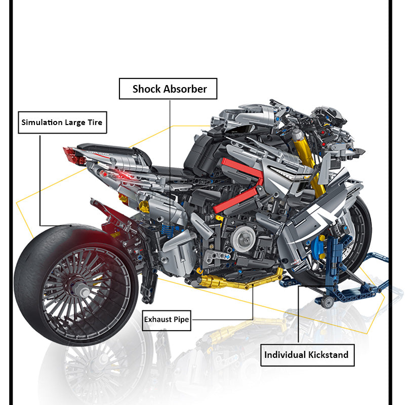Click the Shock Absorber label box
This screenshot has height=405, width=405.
pyautogui.click(x=169, y=89)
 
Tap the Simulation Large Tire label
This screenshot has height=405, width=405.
pyautogui.click(x=62, y=123)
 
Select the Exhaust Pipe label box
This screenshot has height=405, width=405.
pyautogui.click(x=166, y=319)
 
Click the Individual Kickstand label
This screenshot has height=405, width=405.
pyautogui.click(x=307, y=354)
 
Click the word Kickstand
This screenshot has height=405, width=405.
pyautogui.click(x=329, y=354)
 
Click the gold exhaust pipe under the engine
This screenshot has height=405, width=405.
pyautogui.click(x=238, y=279)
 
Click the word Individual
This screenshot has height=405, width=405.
pyautogui.click(x=285, y=354)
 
